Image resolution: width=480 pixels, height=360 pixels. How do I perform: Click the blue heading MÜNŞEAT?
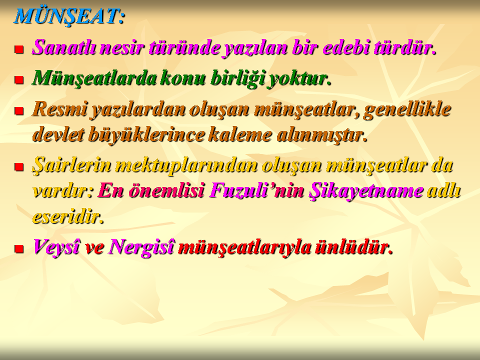(x=69, y=16)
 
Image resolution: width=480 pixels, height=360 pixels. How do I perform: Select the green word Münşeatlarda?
(x=94, y=78)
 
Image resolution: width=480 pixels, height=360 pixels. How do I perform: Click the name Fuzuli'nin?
(x=257, y=190)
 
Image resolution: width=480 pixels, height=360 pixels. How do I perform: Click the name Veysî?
(x=56, y=247)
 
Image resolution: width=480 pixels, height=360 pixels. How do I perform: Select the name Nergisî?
(x=141, y=247)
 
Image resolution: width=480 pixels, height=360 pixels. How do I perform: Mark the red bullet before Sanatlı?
(x=19, y=49)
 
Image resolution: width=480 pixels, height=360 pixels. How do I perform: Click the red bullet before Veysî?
(x=19, y=248)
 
